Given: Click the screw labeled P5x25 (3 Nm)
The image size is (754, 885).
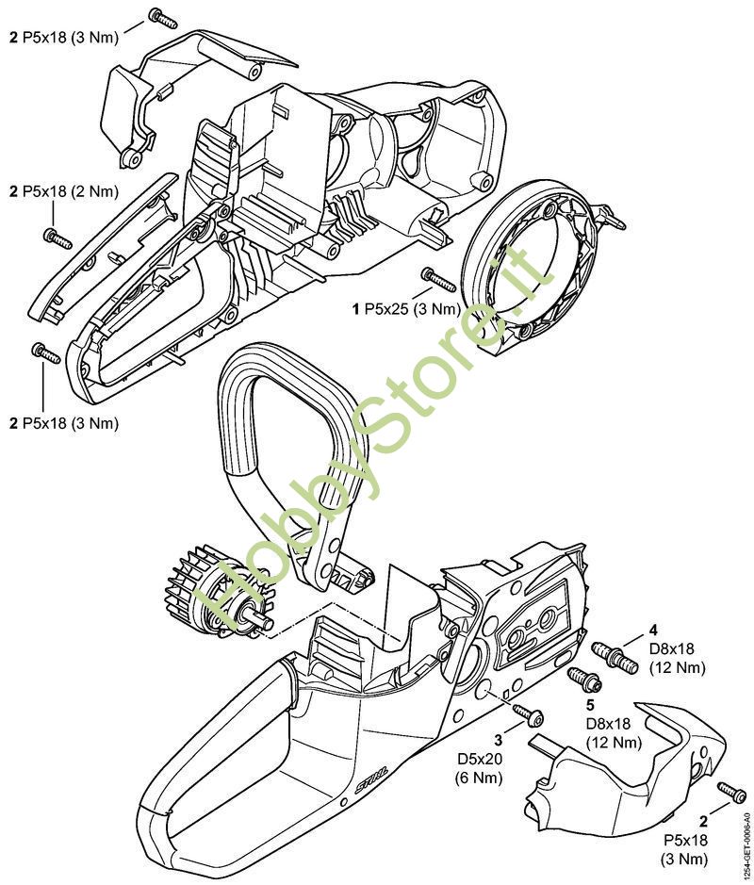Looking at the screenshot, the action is [438, 280].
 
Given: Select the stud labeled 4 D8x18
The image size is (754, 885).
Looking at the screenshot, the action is [615, 657].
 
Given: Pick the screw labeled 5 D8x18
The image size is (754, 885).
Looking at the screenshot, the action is [583, 679].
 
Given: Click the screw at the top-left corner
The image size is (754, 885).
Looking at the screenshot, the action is [162, 18].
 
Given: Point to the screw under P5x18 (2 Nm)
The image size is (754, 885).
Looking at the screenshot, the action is [57, 238].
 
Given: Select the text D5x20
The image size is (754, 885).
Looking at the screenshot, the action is [480, 759].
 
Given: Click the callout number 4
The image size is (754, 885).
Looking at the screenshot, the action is [653, 630].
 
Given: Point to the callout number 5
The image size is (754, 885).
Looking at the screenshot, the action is [590, 705].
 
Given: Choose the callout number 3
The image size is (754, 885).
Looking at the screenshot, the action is [499, 740].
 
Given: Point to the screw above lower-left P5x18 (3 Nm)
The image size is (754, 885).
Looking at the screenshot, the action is [46, 352].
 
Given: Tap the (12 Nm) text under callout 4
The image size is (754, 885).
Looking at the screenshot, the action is [678, 667].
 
